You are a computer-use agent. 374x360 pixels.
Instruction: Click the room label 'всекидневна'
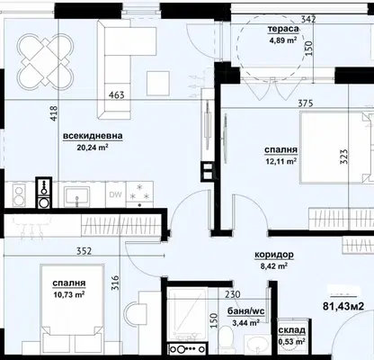93,136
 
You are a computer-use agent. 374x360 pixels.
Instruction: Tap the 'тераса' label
283,29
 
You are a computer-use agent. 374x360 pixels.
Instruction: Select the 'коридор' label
274,255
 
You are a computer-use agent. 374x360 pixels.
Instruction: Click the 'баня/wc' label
246,311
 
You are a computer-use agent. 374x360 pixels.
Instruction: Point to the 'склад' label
292,330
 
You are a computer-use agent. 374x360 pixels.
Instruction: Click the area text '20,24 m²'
93,147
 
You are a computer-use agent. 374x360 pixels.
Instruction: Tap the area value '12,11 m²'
280,161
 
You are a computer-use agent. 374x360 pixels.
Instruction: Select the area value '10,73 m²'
69,294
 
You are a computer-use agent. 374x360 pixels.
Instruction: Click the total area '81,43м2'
343,306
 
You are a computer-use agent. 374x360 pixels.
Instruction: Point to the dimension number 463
116,95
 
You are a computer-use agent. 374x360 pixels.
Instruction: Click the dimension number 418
54,113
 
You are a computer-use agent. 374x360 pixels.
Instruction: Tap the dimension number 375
306,103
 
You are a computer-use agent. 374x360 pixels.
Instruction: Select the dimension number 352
84,251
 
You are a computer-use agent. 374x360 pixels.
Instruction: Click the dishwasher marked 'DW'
115,194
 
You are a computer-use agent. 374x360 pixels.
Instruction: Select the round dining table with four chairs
45,60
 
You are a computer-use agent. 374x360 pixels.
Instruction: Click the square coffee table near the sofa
158,83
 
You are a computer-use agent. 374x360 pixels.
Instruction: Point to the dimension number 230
232,294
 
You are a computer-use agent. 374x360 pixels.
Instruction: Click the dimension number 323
344,156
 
